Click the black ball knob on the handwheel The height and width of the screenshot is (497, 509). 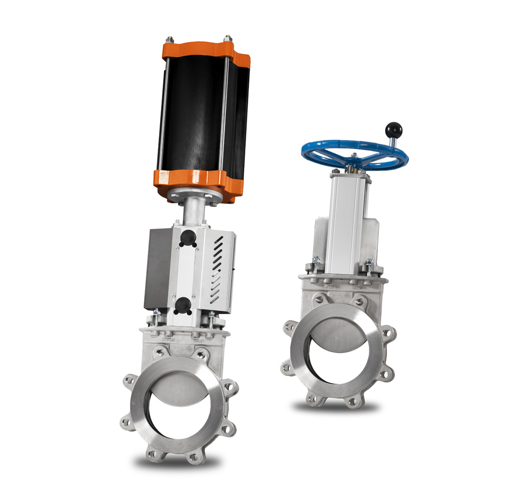click(x=393, y=130)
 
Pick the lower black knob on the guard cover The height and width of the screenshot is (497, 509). click(x=183, y=304)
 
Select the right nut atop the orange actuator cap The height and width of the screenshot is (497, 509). click(x=227, y=39)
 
